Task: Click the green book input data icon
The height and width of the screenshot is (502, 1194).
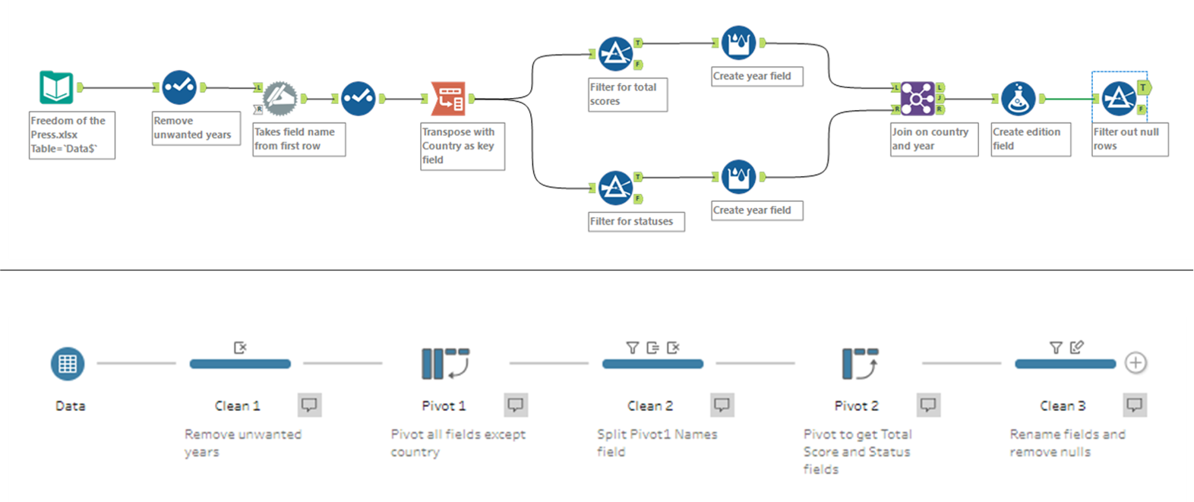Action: point(57,87)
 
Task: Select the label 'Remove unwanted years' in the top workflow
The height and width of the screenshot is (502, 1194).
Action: point(195,128)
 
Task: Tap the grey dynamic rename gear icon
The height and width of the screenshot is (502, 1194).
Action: point(280,99)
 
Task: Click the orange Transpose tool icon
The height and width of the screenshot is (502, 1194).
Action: point(448,99)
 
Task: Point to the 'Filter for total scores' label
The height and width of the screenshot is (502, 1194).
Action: point(627,94)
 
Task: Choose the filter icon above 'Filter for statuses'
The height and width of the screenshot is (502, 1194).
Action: point(615,188)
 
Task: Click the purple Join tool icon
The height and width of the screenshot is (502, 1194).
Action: point(918,99)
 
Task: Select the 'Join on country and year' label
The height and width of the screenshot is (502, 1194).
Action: point(933,139)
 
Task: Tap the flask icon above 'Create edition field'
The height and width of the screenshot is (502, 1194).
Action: point(1018,99)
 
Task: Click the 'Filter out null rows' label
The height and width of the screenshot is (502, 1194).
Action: point(1129,139)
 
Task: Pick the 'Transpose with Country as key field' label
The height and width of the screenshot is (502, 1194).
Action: point(462,146)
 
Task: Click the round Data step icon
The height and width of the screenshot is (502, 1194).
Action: point(68,364)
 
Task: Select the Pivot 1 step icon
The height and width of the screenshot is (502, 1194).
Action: point(445,363)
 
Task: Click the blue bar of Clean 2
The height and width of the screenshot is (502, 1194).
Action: point(652,364)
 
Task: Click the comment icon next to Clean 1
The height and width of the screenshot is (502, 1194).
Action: point(309,405)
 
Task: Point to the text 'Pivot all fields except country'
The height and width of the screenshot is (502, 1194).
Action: point(457,443)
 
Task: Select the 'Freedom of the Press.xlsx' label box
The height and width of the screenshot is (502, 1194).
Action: point(71,135)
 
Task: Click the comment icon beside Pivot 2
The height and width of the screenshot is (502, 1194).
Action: point(928,405)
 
